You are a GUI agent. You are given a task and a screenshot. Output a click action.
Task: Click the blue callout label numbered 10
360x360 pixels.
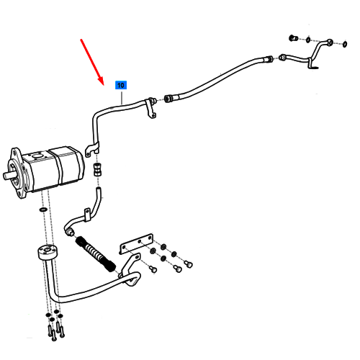tap(121, 85)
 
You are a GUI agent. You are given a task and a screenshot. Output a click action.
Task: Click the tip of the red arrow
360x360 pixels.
tap(103, 85)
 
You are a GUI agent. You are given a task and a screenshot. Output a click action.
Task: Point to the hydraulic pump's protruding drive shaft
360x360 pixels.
tap(9, 175)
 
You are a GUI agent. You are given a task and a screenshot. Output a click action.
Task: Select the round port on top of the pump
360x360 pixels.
tap(37, 156)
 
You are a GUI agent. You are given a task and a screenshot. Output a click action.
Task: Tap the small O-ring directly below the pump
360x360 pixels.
tap(42, 210)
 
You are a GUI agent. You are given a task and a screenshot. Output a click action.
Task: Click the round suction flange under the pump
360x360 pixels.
tap(48, 253)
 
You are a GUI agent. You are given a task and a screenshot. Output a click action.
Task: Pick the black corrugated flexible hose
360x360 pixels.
tap(96, 254)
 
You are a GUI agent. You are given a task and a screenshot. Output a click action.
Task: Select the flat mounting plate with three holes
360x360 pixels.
tap(136, 243)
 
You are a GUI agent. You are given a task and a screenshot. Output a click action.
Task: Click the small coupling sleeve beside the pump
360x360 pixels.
tap(97, 169)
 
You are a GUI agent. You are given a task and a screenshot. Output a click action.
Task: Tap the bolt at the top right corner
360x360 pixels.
tap(293, 38)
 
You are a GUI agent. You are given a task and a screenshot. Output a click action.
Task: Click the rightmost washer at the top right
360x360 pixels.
tap(345, 44)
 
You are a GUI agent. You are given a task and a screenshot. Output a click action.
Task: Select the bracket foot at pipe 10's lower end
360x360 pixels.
tap(91, 149)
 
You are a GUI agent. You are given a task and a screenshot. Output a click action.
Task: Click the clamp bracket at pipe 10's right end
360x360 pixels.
tap(151, 109)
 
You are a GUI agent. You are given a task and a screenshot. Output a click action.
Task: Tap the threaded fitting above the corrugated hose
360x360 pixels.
tap(71, 232)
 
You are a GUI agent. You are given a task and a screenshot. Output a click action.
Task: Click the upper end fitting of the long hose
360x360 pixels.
tap(269, 58)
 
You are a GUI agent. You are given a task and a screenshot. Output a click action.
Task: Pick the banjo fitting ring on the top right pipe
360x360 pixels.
tap(330, 42)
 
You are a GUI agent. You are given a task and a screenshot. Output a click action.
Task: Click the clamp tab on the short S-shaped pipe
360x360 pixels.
tap(87, 215)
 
